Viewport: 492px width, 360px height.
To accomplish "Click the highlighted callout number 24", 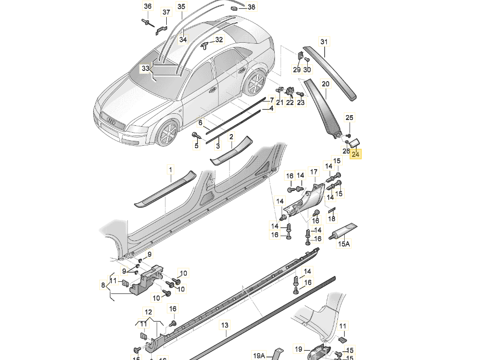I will (356, 154).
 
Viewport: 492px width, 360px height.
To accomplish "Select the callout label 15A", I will (344, 243).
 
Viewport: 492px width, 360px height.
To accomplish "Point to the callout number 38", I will (251, 7).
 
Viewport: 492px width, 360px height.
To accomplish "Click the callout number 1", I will (171, 170).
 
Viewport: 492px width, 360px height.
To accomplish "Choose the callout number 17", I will (314, 171).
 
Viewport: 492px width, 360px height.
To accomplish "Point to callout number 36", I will (148, 6).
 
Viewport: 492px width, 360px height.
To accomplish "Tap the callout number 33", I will (145, 69).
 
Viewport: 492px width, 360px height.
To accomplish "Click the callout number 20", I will (325, 84).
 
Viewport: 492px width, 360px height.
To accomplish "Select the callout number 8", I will (103, 284).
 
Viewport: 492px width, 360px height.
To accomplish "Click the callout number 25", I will (350, 117).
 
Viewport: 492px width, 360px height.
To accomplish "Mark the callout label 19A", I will (259, 355).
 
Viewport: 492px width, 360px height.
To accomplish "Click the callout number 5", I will (197, 145).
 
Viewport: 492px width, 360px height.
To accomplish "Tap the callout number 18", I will (332, 219).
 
